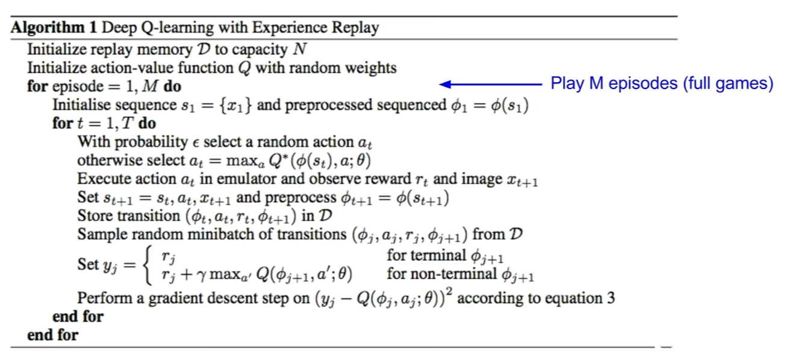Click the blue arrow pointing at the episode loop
pos(490,84)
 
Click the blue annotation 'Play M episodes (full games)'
pos(662,84)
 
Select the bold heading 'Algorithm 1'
pos(54,27)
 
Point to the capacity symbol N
pos(299,49)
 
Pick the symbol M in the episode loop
pos(150,86)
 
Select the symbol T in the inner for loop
pos(127,123)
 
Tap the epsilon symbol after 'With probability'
pos(196,143)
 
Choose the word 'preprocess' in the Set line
pos(301,198)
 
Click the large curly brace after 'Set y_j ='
pos(148,265)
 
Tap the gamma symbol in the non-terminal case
pos(202,275)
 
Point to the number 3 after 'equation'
pos(611,298)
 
